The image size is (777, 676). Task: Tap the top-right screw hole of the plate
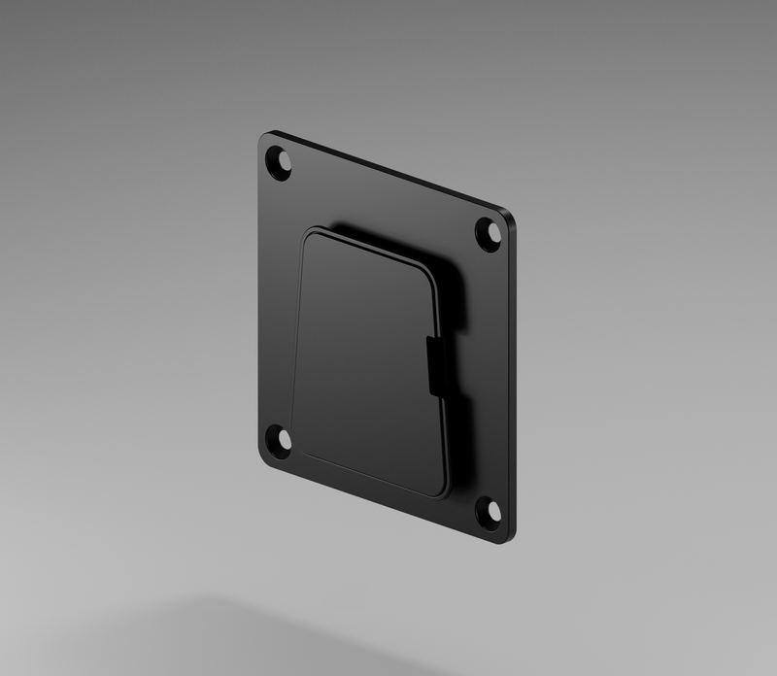tap(488, 234)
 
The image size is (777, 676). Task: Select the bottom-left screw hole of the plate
tap(279, 441)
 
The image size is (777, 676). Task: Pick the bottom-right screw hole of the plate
tap(488, 512)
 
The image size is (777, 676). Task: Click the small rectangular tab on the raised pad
tap(437, 366)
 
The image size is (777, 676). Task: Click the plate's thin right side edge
tap(514, 379)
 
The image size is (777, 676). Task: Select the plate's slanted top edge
tap(388, 173)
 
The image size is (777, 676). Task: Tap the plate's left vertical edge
tap(260, 301)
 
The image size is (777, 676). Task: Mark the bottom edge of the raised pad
tap(369, 474)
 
